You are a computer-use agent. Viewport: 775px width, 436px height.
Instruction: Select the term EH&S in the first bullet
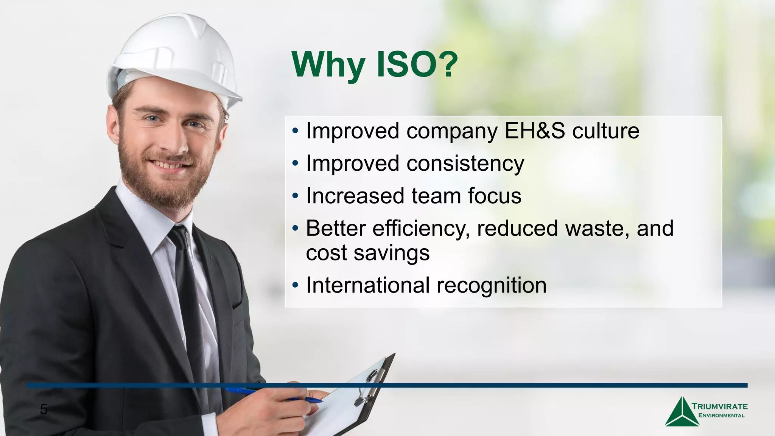(x=535, y=131)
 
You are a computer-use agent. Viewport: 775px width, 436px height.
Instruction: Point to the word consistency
(x=465, y=164)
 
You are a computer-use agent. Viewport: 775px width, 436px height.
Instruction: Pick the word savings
(x=391, y=253)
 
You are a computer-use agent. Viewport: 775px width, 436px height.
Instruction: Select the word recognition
(x=492, y=285)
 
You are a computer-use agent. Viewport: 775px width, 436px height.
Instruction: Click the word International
(x=367, y=285)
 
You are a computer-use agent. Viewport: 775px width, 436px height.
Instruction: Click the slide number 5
(x=44, y=410)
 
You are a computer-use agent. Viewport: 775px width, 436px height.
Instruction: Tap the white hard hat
(x=174, y=57)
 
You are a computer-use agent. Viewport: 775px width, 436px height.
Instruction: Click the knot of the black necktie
(x=178, y=237)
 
